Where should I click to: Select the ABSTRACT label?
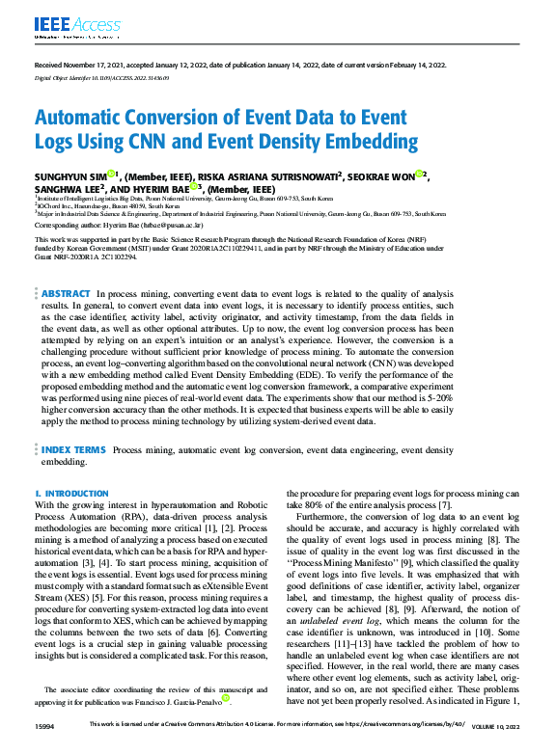(66, 293)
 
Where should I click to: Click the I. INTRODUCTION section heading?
(71, 493)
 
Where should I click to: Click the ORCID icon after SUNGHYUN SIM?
(112, 175)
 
